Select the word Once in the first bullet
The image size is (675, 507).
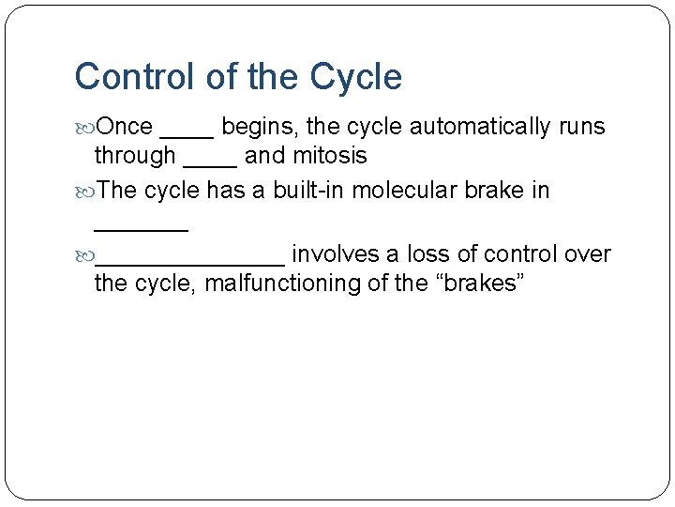point(125,126)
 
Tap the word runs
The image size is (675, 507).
point(581,127)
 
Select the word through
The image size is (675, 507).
point(135,155)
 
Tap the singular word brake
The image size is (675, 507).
point(496,191)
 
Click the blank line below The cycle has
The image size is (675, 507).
point(141,226)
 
